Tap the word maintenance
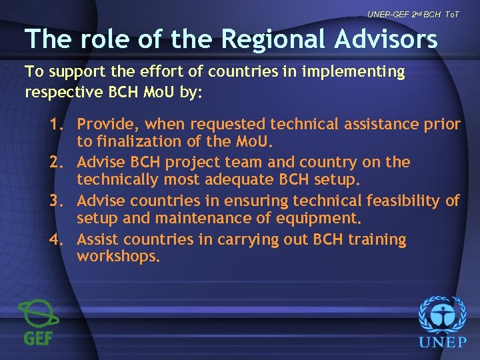[195, 218]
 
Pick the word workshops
[118, 257]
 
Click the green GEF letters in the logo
[39, 337]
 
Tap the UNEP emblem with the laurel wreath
[442, 315]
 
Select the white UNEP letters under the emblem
[442, 343]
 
